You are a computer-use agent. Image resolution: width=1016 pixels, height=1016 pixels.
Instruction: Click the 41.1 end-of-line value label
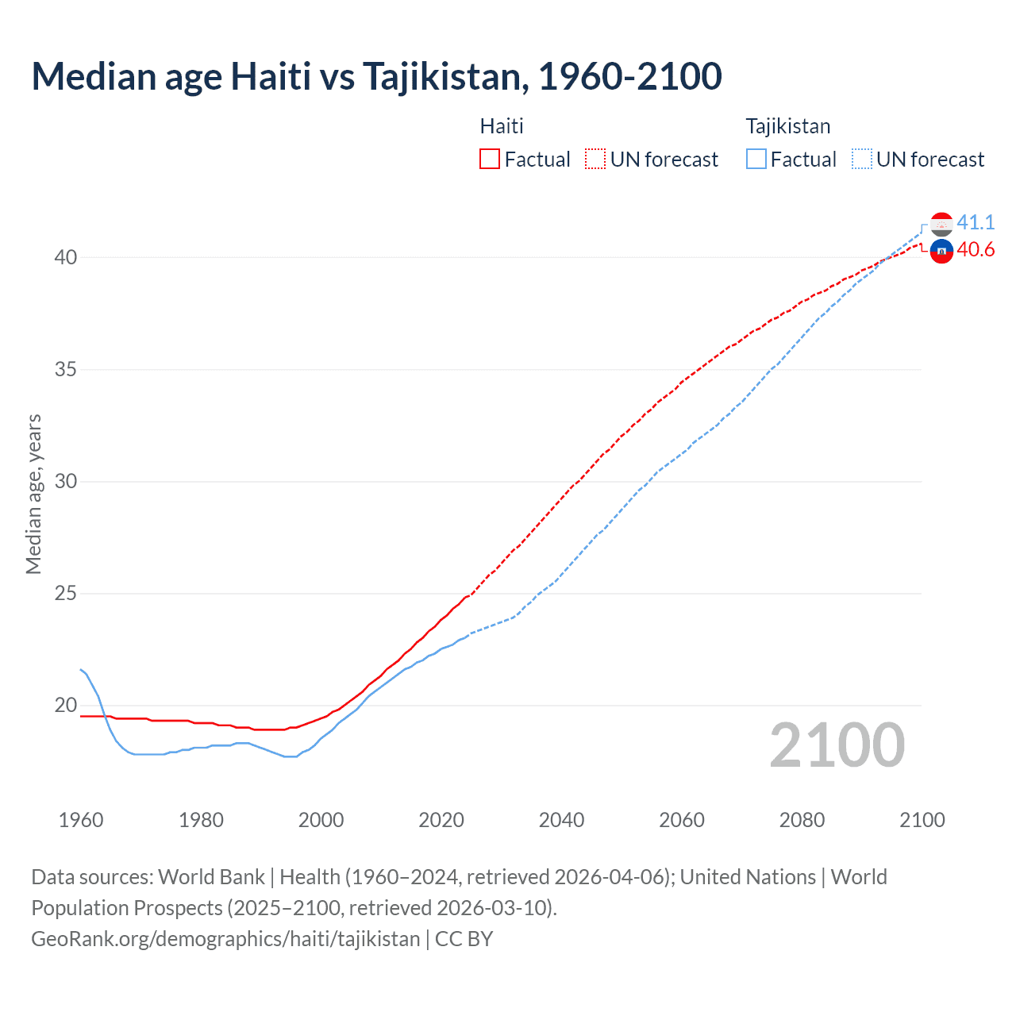pyautogui.click(x=976, y=223)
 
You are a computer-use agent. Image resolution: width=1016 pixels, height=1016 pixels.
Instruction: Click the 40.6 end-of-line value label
pyautogui.click(x=976, y=250)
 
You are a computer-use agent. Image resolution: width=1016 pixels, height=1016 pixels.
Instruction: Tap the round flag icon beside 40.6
pyautogui.click(x=941, y=251)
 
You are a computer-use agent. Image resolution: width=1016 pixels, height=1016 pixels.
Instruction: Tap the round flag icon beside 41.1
pyautogui.click(x=941, y=224)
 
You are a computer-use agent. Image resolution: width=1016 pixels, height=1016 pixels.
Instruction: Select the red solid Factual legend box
pyautogui.click(x=490, y=160)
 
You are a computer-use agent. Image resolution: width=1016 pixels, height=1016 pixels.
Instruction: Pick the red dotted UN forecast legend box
pyautogui.click(x=595, y=160)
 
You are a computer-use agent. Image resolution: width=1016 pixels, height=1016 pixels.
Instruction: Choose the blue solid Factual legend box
pyautogui.click(x=756, y=160)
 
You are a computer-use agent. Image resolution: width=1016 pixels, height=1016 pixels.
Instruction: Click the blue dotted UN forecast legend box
pyautogui.click(x=862, y=160)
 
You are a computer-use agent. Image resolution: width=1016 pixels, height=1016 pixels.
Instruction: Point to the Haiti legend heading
pyautogui.click(x=502, y=126)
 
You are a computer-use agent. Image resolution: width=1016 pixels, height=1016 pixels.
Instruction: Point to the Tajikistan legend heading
pyautogui.click(x=787, y=126)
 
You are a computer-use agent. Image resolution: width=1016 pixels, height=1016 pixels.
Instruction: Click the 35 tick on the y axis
pyautogui.click(x=66, y=370)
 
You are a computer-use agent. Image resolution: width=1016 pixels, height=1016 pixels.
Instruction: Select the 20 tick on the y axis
pyautogui.click(x=66, y=706)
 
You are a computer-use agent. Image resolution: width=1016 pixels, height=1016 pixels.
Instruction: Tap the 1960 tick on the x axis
pyautogui.click(x=81, y=820)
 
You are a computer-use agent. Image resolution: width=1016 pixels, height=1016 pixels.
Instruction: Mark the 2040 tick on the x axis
pyautogui.click(x=561, y=820)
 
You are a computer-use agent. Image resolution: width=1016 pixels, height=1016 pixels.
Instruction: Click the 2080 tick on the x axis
pyautogui.click(x=802, y=820)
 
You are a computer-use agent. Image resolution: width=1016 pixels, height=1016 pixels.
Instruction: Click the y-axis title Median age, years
pyautogui.click(x=33, y=494)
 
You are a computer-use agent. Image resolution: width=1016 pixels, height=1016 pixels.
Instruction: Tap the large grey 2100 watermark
pyautogui.click(x=837, y=745)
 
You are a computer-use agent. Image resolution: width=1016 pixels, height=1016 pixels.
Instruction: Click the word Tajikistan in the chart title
pyautogui.click(x=441, y=76)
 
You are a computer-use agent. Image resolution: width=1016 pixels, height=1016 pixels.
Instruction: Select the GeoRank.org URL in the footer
pyautogui.click(x=225, y=939)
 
